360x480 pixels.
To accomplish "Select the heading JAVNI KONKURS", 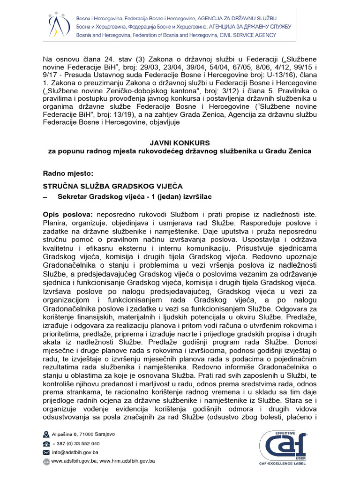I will [x=180, y=142].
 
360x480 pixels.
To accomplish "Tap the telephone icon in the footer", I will [x=46, y=443].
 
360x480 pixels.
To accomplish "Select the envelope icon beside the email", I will [x=46, y=452].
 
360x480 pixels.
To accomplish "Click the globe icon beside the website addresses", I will [x=46, y=461].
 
